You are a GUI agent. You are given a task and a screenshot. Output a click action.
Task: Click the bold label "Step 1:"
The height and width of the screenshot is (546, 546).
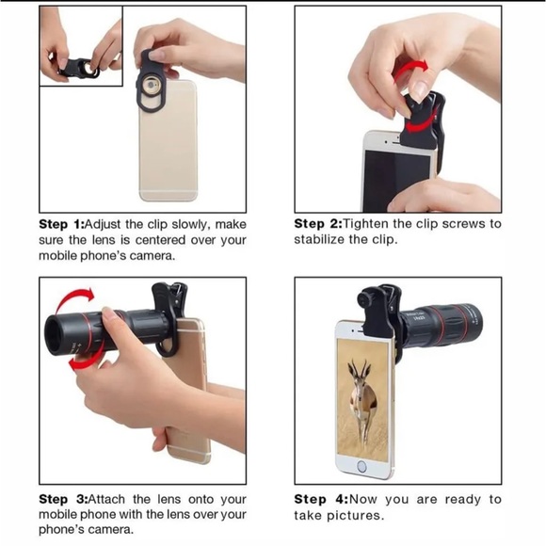click(x=61, y=224)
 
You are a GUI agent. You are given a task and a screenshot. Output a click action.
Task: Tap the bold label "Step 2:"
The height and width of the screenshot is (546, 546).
click(x=318, y=223)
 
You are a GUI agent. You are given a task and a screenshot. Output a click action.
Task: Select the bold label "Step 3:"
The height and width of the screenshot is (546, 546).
click(x=63, y=499)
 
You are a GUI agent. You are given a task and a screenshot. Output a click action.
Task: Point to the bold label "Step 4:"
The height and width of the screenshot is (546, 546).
click(x=321, y=499)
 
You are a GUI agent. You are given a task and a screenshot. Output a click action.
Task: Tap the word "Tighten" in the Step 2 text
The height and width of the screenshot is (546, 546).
click(x=365, y=223)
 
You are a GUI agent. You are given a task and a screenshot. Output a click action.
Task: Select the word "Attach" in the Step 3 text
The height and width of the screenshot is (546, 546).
click(x=106, y=499)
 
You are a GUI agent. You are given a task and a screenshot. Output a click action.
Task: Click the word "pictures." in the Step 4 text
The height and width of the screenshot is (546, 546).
click(x=355, y=515)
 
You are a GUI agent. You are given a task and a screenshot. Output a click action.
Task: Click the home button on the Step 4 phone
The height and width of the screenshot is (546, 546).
click(x=361, y=467)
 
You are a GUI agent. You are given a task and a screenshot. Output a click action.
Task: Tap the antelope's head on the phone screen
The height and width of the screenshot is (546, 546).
click(x=359, y=378)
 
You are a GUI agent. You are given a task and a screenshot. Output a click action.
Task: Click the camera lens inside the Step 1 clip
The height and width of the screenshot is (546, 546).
click(x=151, y=86)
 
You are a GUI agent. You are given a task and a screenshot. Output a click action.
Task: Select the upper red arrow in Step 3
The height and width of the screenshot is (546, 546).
click(x=74, y=298)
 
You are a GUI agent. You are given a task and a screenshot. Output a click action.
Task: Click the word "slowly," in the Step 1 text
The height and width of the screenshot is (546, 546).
click(x=191, y=225)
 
